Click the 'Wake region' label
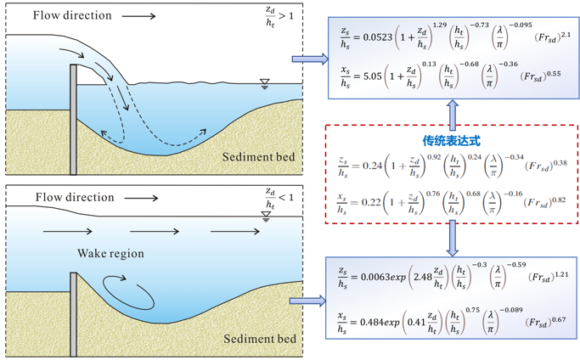coord(110,253)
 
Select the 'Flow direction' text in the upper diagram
coord(73,15)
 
